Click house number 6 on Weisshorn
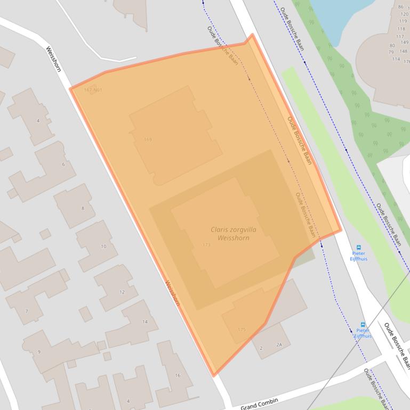coord(63,165)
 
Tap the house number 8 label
coord(83,208)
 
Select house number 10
coord(103,247)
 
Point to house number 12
coord(122,292)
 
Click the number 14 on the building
coord(144,322)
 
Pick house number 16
coord(178,375)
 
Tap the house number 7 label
coord(26,311)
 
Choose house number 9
coord(38,352)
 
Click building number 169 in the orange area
coord(148,140)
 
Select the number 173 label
coord(207,245)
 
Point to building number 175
coord(242,330)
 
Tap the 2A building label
coord(279,345)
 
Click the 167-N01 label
coord(93,90)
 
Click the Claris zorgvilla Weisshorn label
coord(230,234)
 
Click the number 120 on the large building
coord(402,14)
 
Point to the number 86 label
coord(400,7)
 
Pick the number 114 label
coord(396,59)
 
